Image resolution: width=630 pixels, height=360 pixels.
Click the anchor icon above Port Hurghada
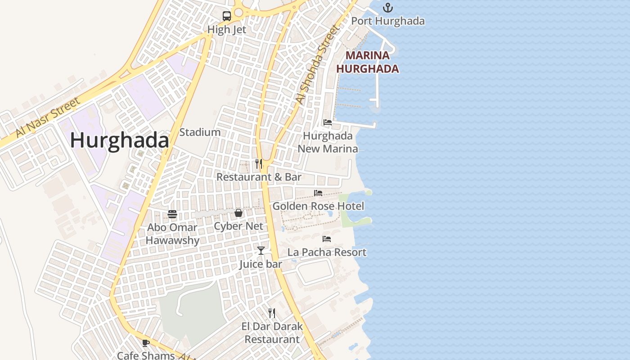coord(387,8)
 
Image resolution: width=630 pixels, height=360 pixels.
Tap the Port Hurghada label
coord(387,21)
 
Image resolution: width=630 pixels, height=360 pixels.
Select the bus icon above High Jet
coord(227,16)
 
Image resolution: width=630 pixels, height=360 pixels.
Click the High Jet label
coord(227,30)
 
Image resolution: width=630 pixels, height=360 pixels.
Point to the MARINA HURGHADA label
coord(368,62)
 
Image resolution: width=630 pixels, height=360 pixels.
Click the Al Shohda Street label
coord(317,65)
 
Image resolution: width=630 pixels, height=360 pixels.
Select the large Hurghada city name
coord(120,141)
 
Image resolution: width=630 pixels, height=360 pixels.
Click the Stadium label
coord(200,132)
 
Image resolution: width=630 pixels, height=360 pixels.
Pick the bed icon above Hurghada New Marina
coord(327,122)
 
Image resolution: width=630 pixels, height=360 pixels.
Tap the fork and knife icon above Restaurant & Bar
coord(259,163)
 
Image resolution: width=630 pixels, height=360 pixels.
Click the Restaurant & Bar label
coord(259,177)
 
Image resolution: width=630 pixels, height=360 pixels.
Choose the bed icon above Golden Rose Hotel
coord(318,193)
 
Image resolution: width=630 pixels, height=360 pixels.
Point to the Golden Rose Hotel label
coord(318,206)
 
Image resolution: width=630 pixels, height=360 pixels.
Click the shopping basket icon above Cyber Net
coord(238,213)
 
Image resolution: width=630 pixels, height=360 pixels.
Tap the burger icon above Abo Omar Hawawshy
coord(172,214)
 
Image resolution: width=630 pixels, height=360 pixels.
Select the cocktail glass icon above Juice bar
coord(261,251)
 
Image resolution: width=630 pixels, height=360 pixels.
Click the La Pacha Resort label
coord(327,252)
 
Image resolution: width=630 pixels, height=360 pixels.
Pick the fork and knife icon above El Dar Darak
coord(272,313)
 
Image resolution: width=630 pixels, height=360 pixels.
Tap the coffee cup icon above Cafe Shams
coord(145,343)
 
